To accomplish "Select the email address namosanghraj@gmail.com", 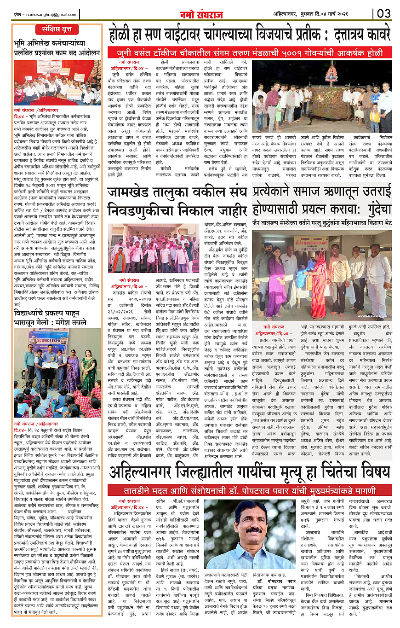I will (x=45, y=14).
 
